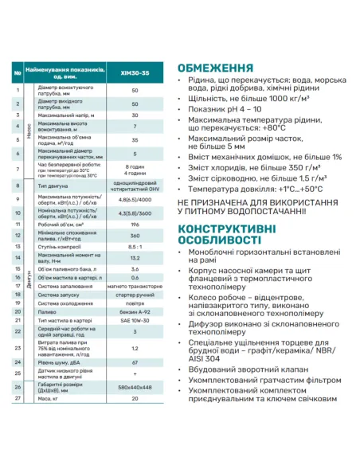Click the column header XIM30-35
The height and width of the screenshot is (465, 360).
tap(135, 74)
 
